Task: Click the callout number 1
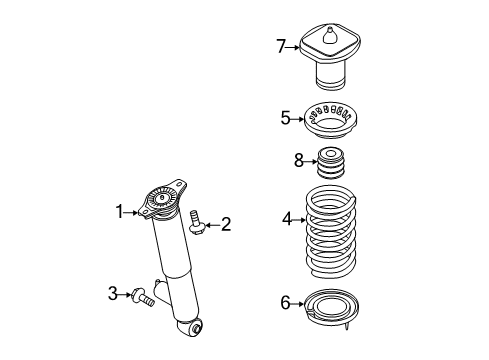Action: [x=119, y=211]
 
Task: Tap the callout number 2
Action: [x=225, y=224]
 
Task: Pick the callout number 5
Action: [x=285, y=118]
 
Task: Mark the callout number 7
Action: [x=283, y=44]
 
